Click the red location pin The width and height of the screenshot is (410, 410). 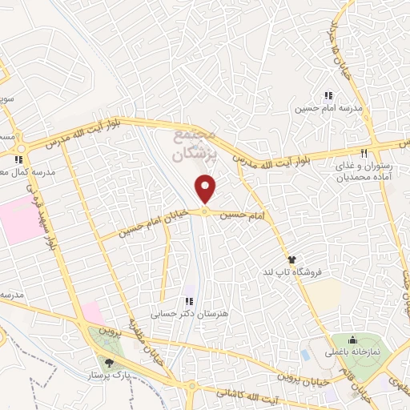pos(207,189)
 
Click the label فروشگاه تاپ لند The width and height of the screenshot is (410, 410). pos(320,272)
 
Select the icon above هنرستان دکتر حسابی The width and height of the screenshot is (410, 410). pos(189,301)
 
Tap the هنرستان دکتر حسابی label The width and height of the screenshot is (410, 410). pos(189,313)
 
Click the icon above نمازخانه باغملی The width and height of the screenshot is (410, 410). pos(352,340)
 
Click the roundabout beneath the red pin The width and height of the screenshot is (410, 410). pos(206,211)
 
